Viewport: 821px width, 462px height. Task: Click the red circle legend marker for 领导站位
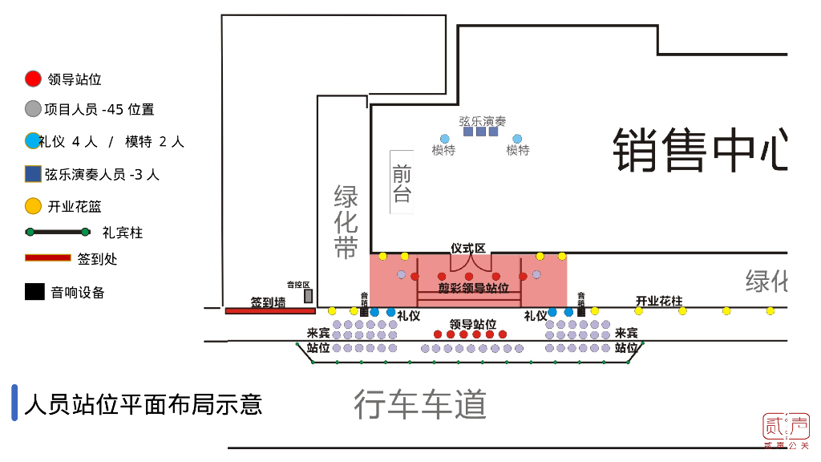tap(33, 79)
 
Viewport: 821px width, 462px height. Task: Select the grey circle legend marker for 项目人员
tap(33, 109)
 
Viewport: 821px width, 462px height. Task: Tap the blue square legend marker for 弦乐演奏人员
tap(33, 173)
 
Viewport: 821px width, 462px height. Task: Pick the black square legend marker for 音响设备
tap(34, 292)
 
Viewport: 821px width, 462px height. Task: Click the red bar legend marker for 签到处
tap(48, 257)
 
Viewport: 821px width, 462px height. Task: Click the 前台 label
tap(402, 183)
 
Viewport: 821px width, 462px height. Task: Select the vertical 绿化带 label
tap(346, 222)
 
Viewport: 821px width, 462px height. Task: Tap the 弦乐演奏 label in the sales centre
tap(482, 121)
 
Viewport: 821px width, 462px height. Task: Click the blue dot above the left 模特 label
tap(444, 139)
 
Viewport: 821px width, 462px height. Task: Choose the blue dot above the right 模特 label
tap(517, 139)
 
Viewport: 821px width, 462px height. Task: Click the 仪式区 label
tap(468, 249)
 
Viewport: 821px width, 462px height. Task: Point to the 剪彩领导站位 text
tap(473, 287)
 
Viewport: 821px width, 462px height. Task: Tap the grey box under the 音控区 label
tap(308, 296)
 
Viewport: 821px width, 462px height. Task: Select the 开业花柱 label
tap(658, 301)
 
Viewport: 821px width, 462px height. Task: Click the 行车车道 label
tap(420, 404)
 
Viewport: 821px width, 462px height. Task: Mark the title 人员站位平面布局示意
tap(144, 403)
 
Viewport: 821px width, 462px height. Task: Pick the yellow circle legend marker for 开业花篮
tap(33, 206)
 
